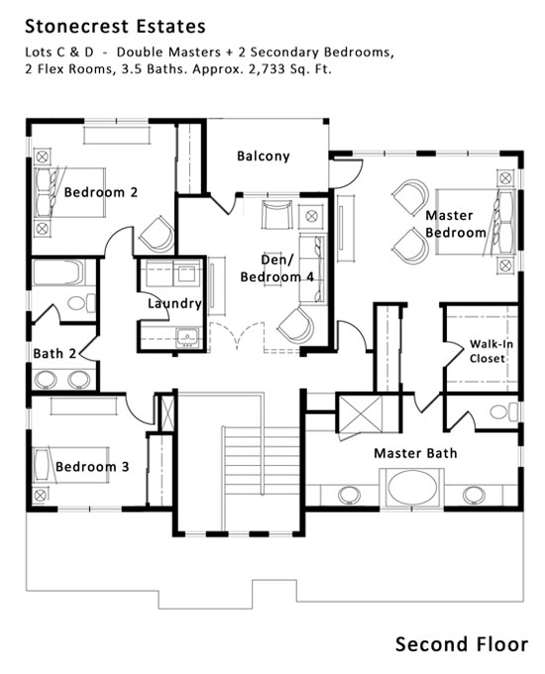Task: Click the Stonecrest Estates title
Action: tap(115, 27)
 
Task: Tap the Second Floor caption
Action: tap(462, 644)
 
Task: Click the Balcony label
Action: tap(264, 156)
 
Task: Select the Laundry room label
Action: tap(174, 303)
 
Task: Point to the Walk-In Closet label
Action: tap(490, 351)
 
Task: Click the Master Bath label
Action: tap(415, 453)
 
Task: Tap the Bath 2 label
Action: tap(54, 353)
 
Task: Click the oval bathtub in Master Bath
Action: tap(412, 488)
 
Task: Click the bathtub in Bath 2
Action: tap(57, 272)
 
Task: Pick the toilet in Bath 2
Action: tap(81, 303)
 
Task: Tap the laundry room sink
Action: tap(188, 336)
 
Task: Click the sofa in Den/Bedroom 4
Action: tap(312, 269)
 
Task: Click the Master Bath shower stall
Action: tap(360, 414)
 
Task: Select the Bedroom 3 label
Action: tap(92, 467)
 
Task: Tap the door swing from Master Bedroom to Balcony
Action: tap(347, 173)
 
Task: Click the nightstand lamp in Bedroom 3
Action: tap(40, 496)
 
